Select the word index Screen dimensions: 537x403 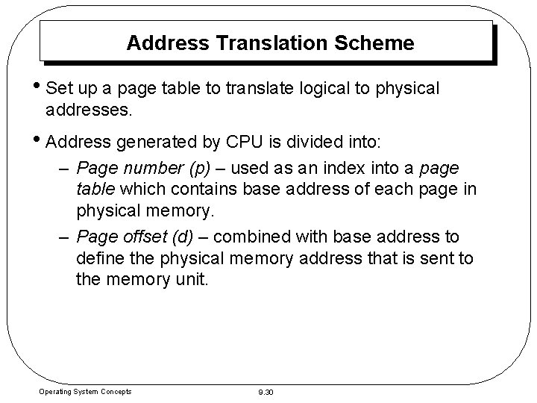pos(360,167)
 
